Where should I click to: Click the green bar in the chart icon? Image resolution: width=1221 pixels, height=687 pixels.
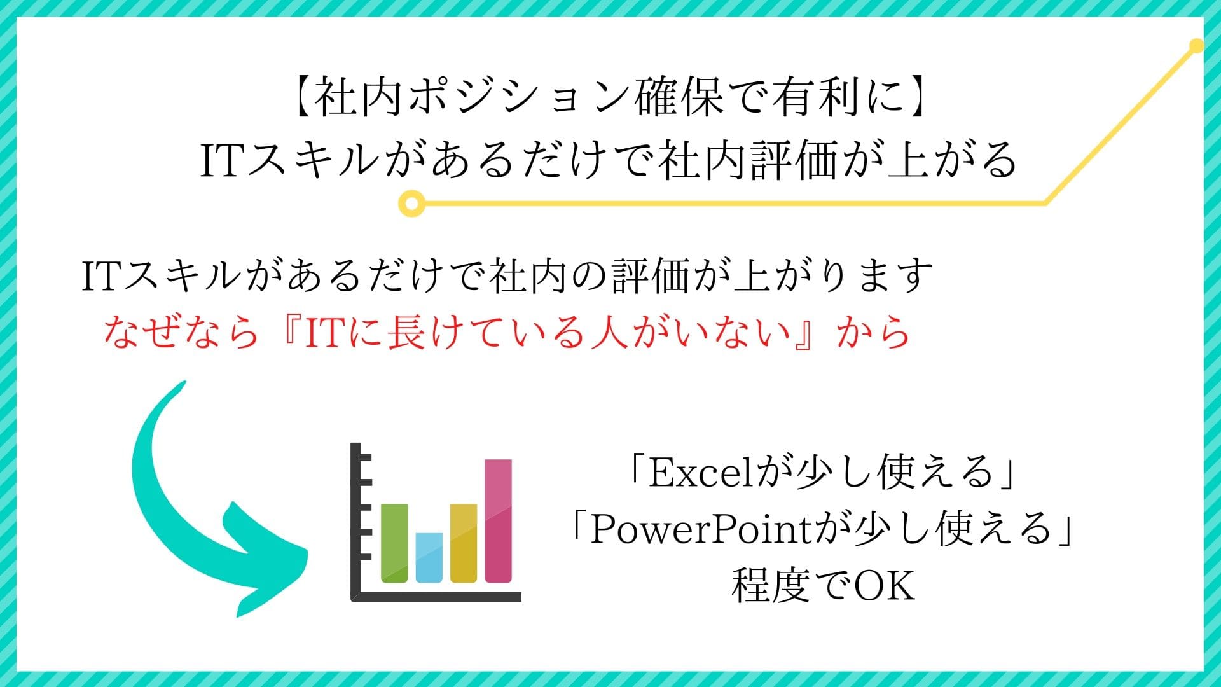pos(394,543)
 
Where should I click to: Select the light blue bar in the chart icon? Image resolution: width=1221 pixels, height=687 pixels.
pos(429,557)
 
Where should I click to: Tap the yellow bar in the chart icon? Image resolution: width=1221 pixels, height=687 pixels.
pos(464,543)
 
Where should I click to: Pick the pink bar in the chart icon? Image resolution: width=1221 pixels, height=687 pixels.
pos(498,520)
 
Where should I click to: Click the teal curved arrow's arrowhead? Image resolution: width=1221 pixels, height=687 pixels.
pos(267,560)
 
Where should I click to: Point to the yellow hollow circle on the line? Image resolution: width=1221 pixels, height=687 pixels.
pos(411,204)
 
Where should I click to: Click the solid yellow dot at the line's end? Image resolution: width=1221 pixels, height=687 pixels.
pos(1196,46)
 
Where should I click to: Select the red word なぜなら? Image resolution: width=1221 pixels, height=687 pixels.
pos(181,332)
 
